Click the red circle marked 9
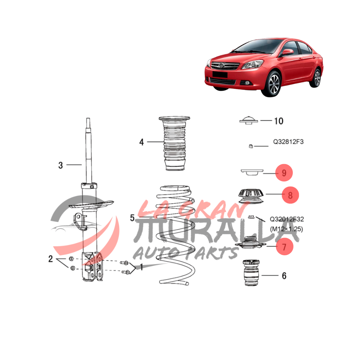pyautogui.click(x=284, y=172)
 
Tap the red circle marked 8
pyautogui.click(x=290, y=195)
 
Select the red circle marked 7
pyautogui.click(x=284, y=247)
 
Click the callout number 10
pyautogui.click(x=279, y=121)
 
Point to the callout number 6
pyautogui.click(x=284, y=276)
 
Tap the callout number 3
pyautogui.click(x=61, y=165)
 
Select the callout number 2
pyautogui.click(x=50, y=259)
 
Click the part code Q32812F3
pyautogui.click(x=288, y=142)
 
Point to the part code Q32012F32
pyautogui.click(x=287, y=219)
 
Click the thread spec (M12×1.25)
pyautogui.click(x=286, y=229)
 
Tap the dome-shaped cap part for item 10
pyautogui.click(x=248, y=120)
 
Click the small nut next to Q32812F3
pyautogui.click(x=251, y=146)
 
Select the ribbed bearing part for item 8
pyautogui.click(x=251, y=196)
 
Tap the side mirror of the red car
pyautogui.click(x=287, y=52)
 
